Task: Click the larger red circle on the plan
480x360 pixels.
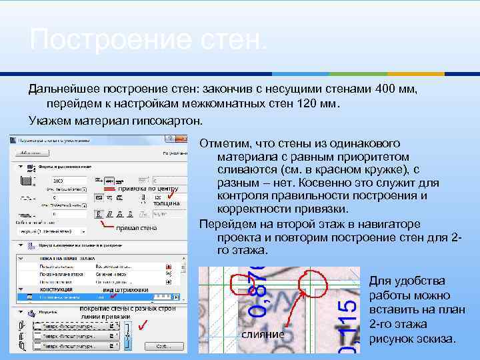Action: (314, 287)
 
